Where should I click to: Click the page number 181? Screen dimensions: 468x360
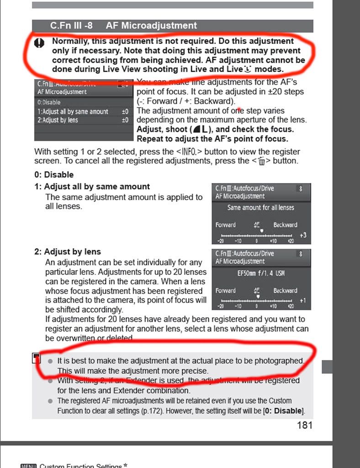pyautogui.click(x=305, y=425)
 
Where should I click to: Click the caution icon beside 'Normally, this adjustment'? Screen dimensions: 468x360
pyautogui.click(x=40, y=43)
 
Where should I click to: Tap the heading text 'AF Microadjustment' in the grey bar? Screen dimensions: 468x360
pyautogui.click(x=151, y=26)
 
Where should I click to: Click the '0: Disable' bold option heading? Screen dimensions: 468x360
pyautogui.click(x=54, y=175)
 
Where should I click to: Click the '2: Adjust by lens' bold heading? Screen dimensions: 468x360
pyautogui.click(x=68, y=252)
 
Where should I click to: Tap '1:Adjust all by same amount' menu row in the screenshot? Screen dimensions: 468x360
pyautogui.click(x=73, y=112)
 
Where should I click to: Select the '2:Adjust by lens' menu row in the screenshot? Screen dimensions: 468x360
pyautogui.click(x=58, y=120)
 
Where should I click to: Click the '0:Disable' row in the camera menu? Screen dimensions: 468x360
pyautogui.click(x=49, y=102)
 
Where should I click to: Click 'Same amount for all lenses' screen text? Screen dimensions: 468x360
pyautogui.click(x=261, y=207)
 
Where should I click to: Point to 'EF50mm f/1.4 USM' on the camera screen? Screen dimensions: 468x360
pyautogui.click(x=261, y=273)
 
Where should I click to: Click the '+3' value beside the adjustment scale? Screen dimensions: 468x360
pyautogui.click(x=303, y=235)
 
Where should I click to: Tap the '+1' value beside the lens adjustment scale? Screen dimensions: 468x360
pyautogui.click(x=303, y=300)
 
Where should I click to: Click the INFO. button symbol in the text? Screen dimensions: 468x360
pyautogui.click(x=189, y=152)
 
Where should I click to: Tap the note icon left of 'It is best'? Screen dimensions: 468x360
pyautogui.click(x=37, y=358)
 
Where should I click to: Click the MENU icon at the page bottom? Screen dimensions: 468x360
pyautogui.click(x=28, y=466)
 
